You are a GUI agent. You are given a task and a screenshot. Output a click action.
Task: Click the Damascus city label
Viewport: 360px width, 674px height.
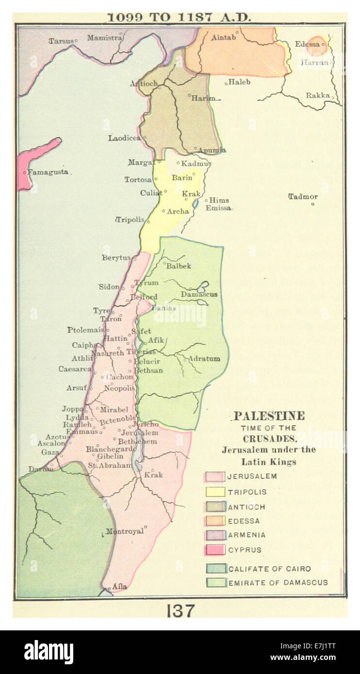pyautogui.click(x=199, y=294)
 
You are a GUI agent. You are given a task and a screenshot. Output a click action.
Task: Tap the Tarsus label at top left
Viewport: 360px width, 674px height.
pyautogui.click(x=60, y=40)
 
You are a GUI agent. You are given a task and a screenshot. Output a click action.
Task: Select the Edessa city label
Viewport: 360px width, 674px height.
pyautogui.click(x=307, y=44)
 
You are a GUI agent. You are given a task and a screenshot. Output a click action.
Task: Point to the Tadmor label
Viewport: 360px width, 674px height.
pyautogui.click(x=303, y=196)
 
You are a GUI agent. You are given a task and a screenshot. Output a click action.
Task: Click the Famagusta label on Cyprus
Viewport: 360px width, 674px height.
pyautogui.click(x=48, y=172)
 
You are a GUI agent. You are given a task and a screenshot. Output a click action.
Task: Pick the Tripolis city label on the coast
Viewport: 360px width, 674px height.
pyautogui.click(x=130, y=220)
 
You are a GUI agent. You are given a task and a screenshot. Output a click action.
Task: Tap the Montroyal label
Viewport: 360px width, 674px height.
pyautogui.click(x=125, y=531)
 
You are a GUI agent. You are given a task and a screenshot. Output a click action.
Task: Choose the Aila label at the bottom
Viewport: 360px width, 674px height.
pyautogui.click(x=119, y=586)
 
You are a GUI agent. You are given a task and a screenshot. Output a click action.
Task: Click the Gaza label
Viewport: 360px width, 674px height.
pyautogui.click(x=50, y=452)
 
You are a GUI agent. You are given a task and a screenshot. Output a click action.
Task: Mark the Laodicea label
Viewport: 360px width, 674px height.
pyautogui.click(x=124, y=138)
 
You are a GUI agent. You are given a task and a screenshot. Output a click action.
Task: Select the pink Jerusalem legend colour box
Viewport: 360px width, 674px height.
pyautogui.click(x=214, y=477)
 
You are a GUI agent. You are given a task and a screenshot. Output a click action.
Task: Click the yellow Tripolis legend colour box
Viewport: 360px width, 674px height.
pyautogui.click(x=214, y=492)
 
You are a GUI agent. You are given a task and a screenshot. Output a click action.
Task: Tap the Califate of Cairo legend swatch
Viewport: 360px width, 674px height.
pyautogui.click(x=214, y=569)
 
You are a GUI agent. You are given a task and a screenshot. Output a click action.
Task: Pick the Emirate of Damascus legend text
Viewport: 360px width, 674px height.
pyautogui.click(x=278, y=582)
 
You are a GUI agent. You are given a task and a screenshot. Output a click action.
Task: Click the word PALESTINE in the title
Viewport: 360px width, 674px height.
pyautogui.click(x=269, y=416)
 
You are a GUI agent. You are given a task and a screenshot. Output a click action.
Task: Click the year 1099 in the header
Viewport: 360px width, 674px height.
pyautogui.click(x=125, y=17)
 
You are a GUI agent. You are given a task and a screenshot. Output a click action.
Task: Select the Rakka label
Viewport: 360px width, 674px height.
pyautogui.click(x=317, y=96)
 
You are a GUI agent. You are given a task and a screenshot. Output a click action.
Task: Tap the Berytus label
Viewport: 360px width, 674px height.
pyautogui.click(x=116, y=258)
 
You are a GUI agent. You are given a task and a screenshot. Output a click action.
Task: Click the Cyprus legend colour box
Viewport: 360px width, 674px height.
pyautogui.click(x=214, y=550)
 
